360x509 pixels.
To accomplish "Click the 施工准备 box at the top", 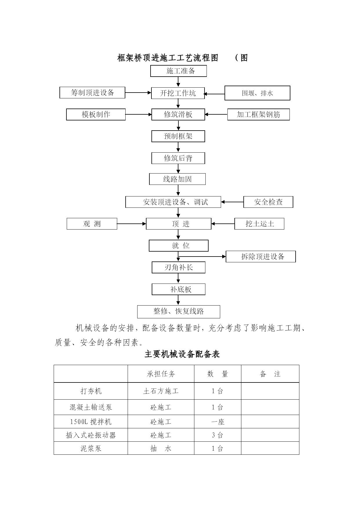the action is [x=178, y=71].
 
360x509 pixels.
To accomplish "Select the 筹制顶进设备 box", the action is [x=92, y=93].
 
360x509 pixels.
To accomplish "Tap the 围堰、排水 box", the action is [x=257, y=93].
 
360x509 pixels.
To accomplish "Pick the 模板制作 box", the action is [x=96, y=114].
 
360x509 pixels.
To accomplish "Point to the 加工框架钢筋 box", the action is [x=258, y=114].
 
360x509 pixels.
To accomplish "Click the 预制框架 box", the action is [x=178, y=136].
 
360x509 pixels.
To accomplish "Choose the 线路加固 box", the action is [x=177, y=179].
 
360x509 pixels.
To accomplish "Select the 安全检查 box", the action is [x=268, y=202].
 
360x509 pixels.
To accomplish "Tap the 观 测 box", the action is [x=92, y=224].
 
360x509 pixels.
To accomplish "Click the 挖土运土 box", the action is [x=259, y=224].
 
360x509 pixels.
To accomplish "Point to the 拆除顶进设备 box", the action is [x=261, y=257].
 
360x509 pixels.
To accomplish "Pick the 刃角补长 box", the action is [x=178, y=267].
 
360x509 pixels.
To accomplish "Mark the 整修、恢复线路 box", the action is [x=179, y=312].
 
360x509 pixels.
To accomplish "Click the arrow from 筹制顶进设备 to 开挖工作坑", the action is [x=138, y=93].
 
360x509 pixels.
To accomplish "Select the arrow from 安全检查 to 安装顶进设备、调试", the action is [x=232, y=202].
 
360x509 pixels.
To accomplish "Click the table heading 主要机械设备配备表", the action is [x=182, y=354].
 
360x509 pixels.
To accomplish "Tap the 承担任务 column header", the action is [x=161, y=374].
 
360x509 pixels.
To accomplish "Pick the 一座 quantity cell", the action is [x=218, y=422].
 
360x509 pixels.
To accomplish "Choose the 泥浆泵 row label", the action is [x=91, y=448].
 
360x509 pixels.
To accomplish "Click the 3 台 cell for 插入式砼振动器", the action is [x=218, y=435].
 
